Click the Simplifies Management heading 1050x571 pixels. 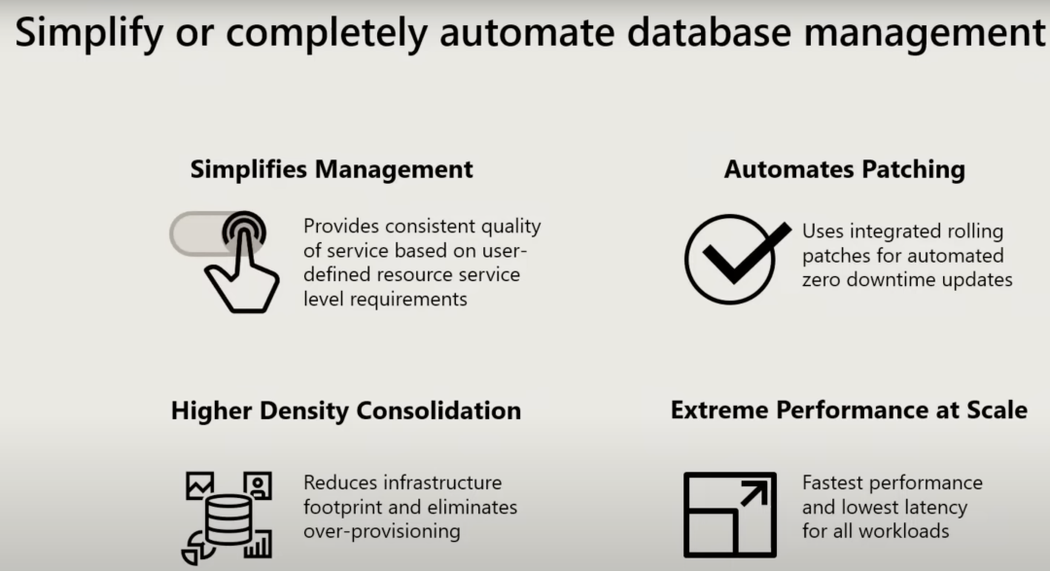[x=332, y=169]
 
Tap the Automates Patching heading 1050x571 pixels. [x=844, y=169]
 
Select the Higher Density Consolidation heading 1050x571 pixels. [x=345, y=410]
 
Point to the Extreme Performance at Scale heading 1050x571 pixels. [x=848, y=410]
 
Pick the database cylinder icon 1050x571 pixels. [x=228, y=519]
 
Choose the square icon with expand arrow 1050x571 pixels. [x=729, y=515]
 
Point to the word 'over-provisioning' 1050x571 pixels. [x=381, y=531]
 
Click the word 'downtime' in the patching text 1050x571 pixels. [x=891, y=280]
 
